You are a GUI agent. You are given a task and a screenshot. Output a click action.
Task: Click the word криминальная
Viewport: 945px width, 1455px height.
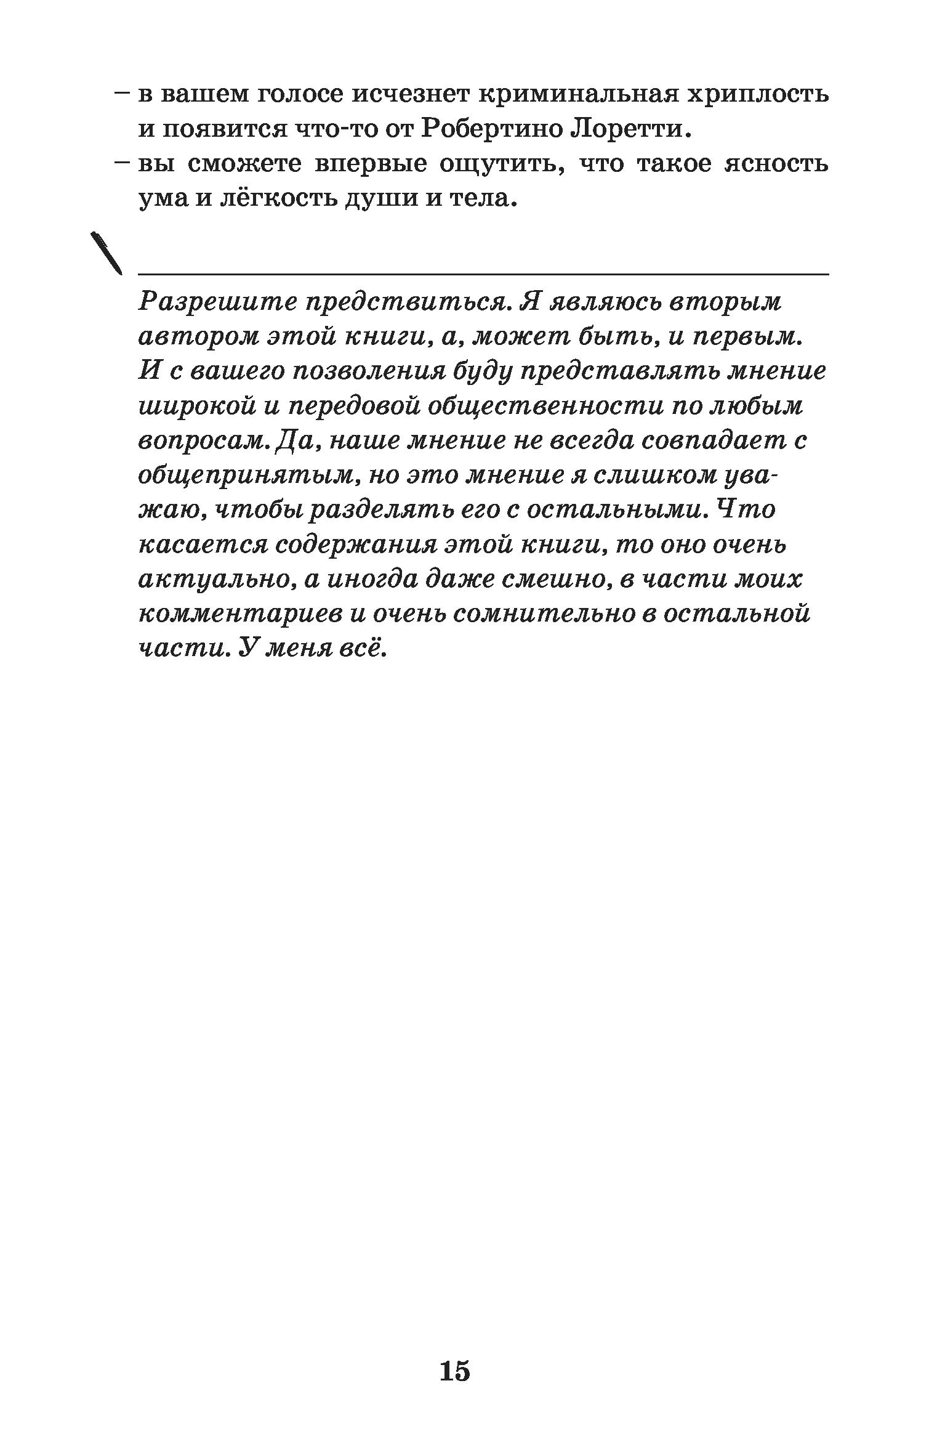tap(577, 95)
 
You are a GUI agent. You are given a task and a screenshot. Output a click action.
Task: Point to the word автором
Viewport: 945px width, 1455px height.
tap(198, 338)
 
